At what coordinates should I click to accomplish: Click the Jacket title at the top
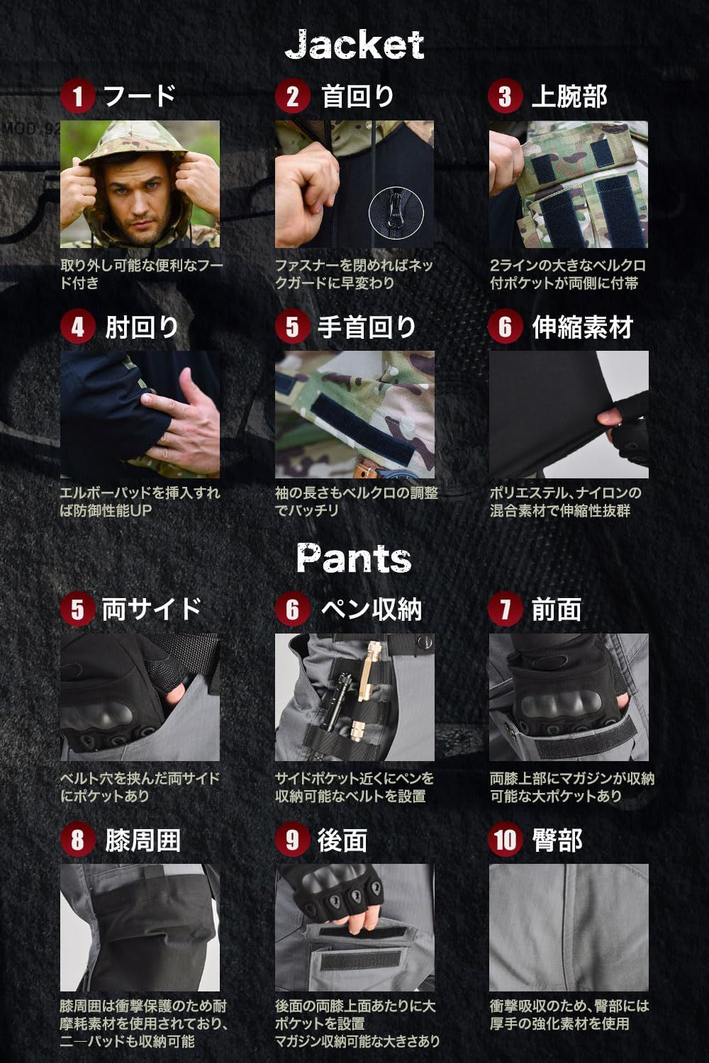(354, 45)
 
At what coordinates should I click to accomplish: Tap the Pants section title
(354, 558)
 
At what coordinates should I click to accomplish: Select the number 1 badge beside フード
(77, 96)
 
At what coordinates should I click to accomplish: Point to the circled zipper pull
(396, 212)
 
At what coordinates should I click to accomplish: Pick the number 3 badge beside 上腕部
(505, 96)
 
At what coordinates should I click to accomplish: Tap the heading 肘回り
(142, 327)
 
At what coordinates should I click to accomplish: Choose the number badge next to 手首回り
(292, 327)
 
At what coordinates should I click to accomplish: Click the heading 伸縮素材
(582, 327)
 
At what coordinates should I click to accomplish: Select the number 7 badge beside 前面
(505, 609)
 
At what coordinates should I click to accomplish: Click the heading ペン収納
(371, 609)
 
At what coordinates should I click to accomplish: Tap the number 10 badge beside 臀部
(505, 840)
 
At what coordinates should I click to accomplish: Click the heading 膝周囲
(143, 840)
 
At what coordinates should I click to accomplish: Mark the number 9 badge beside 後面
(292, 840)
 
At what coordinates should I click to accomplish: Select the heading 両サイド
(152, 609)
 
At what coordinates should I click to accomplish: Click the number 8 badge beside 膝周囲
(77, 840)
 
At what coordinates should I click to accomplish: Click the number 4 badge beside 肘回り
(77, 327)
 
